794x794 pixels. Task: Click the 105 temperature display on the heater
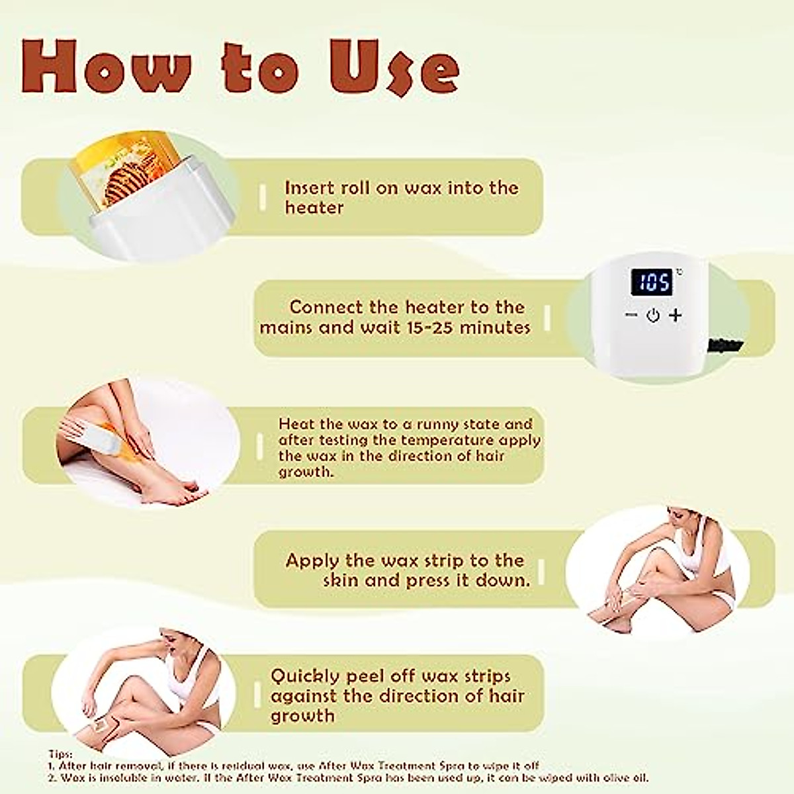click(x=653, y=283)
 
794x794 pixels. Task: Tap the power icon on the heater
click(x=653, y=316)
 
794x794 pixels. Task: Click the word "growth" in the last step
click(x=302, y=716)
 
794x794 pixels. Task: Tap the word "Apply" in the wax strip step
click(x=312, y=561)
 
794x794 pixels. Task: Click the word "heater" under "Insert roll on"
click(x=314, y=208)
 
